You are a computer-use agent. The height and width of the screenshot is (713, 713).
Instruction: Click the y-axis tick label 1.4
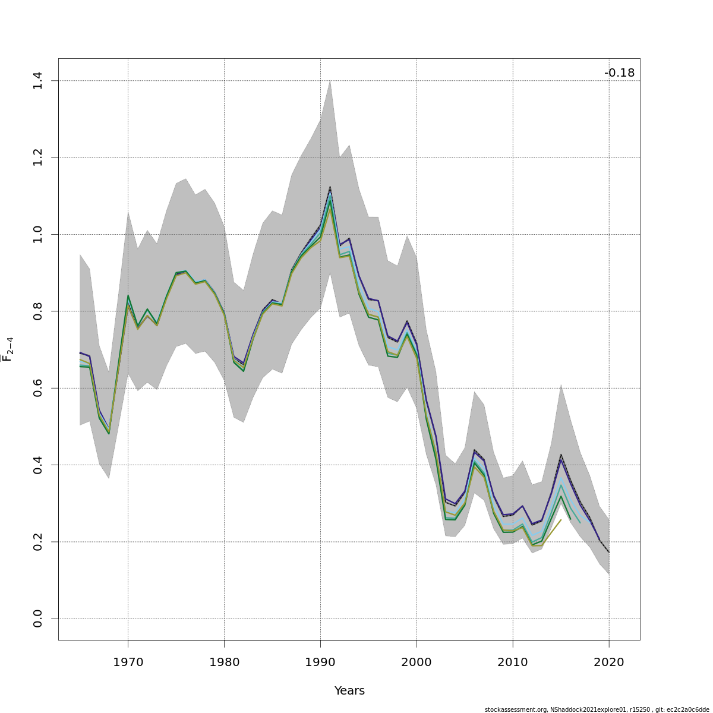[x=37, y=81]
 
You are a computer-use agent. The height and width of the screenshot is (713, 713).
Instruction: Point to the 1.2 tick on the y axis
[x=37, y=157]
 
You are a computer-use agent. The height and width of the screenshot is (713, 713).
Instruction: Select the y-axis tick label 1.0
[x=37, y=234]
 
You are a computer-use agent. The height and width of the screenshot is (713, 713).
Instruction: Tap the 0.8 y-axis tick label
[x=37, y=311]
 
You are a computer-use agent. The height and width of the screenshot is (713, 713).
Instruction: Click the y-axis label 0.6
[x=37, y=388]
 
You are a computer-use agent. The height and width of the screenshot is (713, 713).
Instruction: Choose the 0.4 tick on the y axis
[x=37, y=465]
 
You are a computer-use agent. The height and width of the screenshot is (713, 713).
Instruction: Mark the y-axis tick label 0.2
[x=37, y=542]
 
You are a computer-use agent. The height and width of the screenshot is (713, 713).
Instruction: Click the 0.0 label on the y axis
[x=37, y=619]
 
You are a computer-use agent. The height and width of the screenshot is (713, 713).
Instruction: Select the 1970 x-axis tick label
[x=128, y=662]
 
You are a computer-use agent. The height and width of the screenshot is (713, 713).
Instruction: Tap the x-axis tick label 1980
[x=224, y=662]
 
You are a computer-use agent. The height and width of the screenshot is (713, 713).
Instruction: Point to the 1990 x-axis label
[x=320, y=662]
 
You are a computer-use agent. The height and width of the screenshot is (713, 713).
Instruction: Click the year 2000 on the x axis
[x=417, y=662]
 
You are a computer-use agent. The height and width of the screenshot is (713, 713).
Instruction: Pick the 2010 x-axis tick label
[x=513, y=662]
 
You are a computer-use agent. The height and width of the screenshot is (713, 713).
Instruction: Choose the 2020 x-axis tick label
[x=609, y=662]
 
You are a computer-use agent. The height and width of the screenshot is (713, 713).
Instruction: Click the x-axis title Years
[x=349, y=691]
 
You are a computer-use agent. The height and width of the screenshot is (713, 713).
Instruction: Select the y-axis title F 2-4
[x=8, y=349]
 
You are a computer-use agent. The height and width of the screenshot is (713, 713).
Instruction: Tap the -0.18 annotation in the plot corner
[x=619, y=73]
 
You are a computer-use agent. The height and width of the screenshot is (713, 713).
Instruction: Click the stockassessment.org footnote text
[x=597, y=709]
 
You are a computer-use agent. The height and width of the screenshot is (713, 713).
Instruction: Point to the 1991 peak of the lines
[x=330, y=189]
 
